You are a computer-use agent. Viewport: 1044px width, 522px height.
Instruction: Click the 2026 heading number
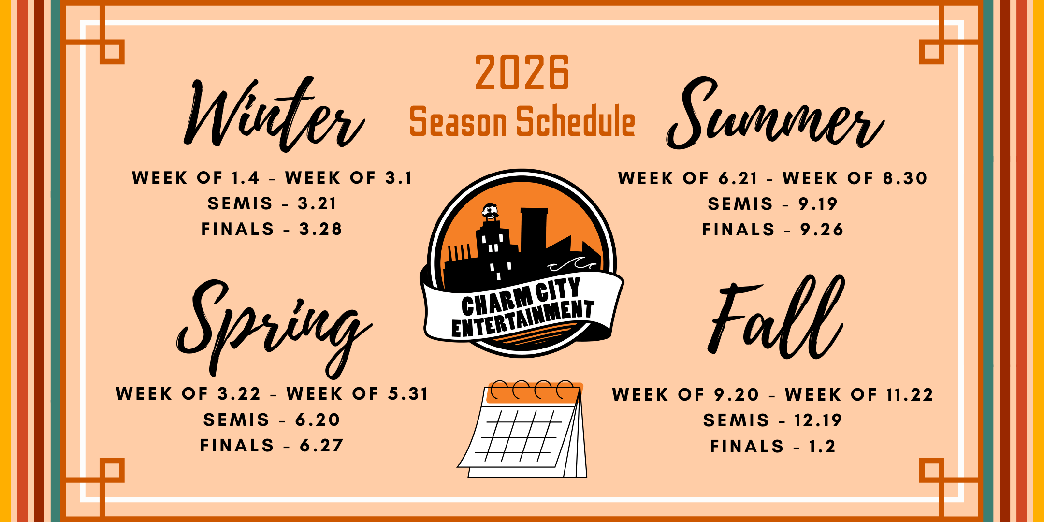pyautogui.click(x=522, y=73)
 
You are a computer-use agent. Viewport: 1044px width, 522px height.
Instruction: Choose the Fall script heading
pyautogui.click(x=777, y=319)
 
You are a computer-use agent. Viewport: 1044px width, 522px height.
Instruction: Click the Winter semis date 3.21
pyautogui.click(x=317, y=203)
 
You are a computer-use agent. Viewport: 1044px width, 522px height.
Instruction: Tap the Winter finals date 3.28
pyautogui.click(x=320, y=229)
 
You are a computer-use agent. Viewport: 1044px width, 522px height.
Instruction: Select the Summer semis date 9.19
pyautogui.click(x=818, y=204)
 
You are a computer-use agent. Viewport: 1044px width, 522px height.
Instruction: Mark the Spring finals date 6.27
pyautogui.click(x=321, y=445)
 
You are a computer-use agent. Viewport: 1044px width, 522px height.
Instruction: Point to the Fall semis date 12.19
pyautogui.click(x=818, y=420)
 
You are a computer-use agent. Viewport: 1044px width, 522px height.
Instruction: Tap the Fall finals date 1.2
pyautogui.click(x=822, y=446)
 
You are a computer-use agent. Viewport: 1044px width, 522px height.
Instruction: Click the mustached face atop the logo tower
pyautogui.click(x=490, y=211)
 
